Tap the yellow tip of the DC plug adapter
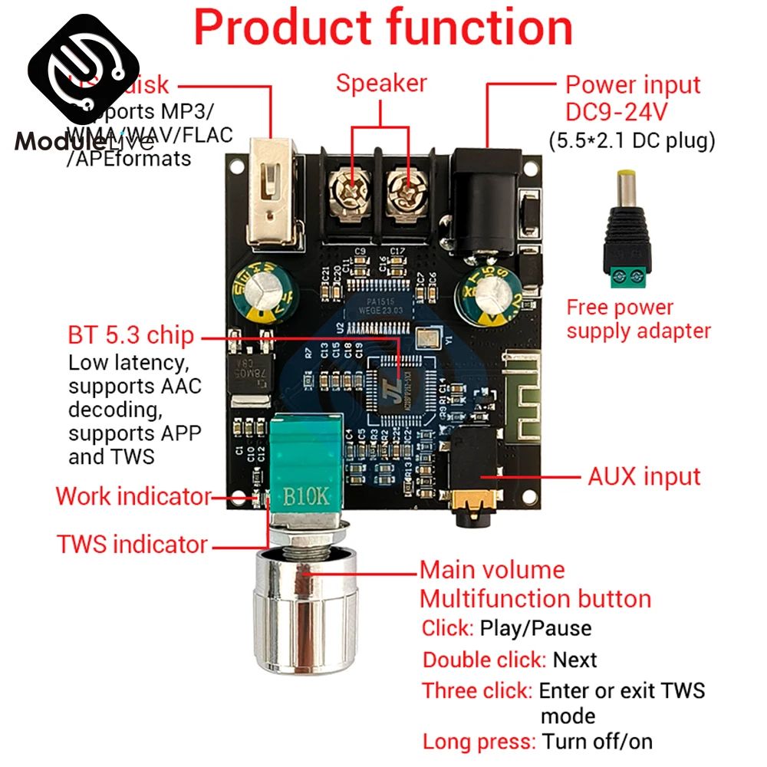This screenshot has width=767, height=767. (631, 182)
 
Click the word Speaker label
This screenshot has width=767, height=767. (381, 83)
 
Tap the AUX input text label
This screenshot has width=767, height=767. (644, 476)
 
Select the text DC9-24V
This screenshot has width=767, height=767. (617, 112)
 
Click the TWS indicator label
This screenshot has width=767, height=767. (133, 545)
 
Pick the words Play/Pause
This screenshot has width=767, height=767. (535, 628)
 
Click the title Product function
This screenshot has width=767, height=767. (383, 28)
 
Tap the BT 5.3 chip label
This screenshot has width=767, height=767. (131, 336)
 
